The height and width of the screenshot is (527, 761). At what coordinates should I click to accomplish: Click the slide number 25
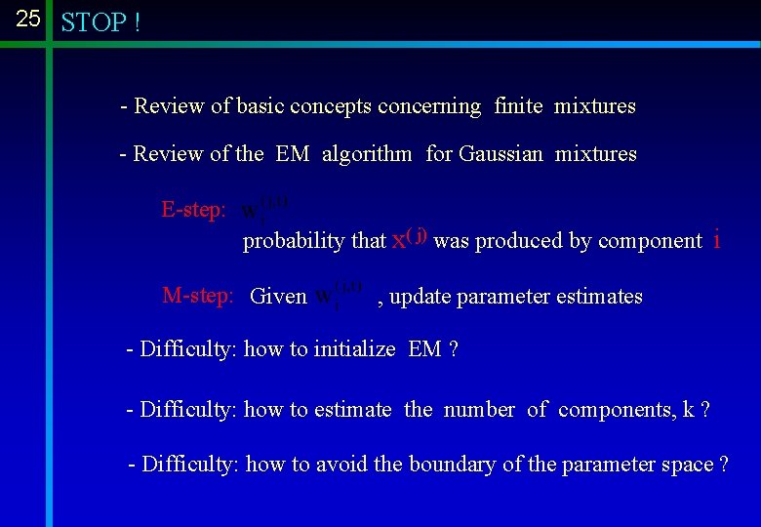(x=28, y=18)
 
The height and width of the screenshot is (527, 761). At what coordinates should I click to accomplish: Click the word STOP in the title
(x=93, y=22)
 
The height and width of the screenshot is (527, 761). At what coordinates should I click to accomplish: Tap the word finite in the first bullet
(x=518, y=106)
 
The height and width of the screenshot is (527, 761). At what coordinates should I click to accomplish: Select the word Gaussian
(x=501, y=154)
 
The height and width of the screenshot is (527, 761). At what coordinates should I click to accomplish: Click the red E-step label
(x=193, y=210)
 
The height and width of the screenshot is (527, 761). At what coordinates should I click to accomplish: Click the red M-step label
(x=197, y=296)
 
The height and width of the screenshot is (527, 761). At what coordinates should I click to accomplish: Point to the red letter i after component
(x=717, y=239)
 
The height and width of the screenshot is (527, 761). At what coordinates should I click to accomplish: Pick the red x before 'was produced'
(x=398, y=240)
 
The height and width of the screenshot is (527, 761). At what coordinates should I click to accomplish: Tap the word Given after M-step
(x=278, y=297)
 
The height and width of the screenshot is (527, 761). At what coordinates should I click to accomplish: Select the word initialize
(x=354, y=349)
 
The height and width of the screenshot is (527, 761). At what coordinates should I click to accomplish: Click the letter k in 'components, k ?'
(x=689, y=410)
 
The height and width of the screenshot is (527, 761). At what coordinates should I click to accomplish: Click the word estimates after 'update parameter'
(x=599, y=297)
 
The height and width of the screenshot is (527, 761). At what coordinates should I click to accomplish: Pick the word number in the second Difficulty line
(x=479, y=410)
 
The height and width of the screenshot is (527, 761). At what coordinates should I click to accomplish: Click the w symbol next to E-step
(x=251, y=210)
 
